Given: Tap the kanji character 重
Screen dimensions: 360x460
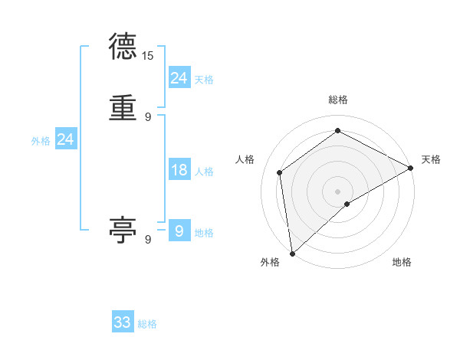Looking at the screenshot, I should (x=123, y=109).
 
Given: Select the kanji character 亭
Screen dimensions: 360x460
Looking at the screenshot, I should (x=123, y=229).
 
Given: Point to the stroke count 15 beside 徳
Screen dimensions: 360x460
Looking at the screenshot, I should (x=148, y=56).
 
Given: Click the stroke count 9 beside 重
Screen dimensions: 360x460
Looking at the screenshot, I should (x=148, y=116).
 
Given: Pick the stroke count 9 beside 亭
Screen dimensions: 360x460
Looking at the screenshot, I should (x=148, y=239).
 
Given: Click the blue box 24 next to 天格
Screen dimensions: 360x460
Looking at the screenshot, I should (x=179, y=78).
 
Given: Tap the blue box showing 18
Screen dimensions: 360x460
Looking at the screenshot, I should (x=179, y=170).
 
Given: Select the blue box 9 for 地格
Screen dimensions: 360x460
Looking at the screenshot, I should (x=179, y=231).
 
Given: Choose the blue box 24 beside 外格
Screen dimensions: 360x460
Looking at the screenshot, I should (x=66, y=139).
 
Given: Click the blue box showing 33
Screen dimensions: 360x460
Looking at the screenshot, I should (x=123, y=322).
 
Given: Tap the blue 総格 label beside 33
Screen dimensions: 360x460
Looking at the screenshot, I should (x=148, y=324).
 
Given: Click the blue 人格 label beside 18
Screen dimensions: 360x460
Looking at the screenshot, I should (x=204, y=171).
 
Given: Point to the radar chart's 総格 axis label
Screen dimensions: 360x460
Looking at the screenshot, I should (x=338, y=100).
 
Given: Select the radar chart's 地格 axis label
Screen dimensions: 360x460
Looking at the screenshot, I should (x=402, y=262).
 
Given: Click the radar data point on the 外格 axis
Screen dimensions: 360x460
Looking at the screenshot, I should (x=292, y=254).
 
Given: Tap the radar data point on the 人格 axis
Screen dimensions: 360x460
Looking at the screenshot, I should (x=280, y=172).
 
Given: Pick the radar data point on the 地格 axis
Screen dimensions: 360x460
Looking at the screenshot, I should (x=347, y=204).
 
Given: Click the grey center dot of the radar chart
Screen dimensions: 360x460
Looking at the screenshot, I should (x=338, y=191).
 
